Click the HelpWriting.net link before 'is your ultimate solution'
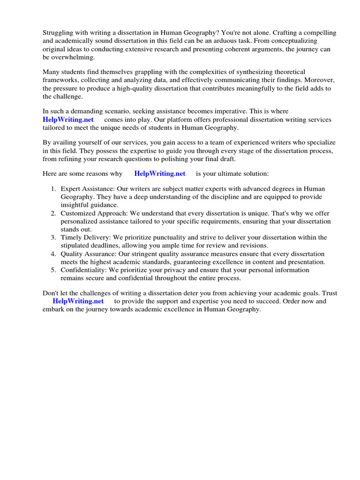(x=159, y=173)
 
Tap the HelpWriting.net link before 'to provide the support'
(x=78, y=301)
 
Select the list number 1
(x=53, y=189)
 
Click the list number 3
(x=53, y=238)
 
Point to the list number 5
(x=53, y=270)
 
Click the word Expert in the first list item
(x=70, y=189)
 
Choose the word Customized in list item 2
(x=77, y=213)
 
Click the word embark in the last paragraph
(x=54, y=309)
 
